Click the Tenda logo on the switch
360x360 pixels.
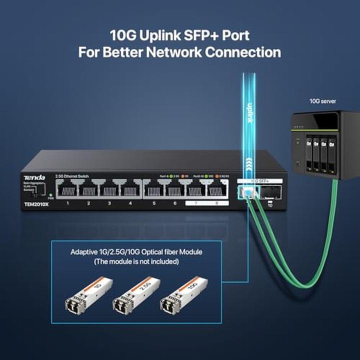point(34,177)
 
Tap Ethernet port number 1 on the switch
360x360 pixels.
point(67,189)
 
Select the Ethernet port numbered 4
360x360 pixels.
point(130,189)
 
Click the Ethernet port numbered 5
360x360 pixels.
point(154,189)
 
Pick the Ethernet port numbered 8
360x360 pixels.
point(216,189)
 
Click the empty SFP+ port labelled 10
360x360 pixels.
point(270,192)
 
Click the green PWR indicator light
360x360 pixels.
point(50,192)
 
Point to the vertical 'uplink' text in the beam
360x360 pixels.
point(249,112)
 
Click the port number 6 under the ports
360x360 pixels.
point(175,203)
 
